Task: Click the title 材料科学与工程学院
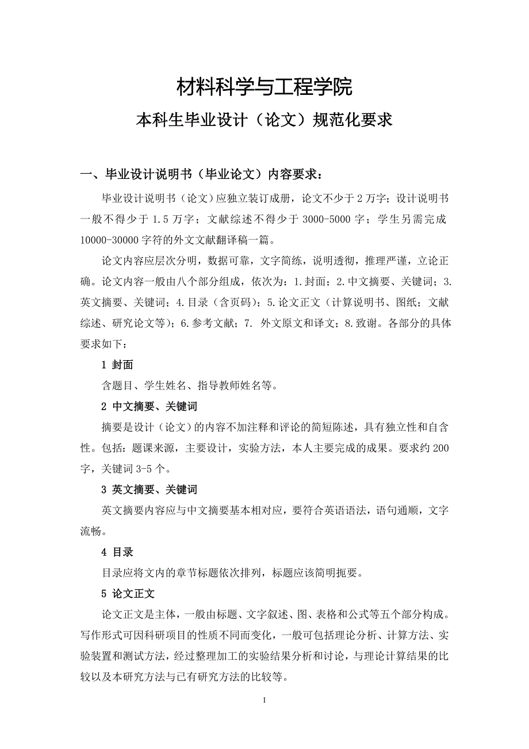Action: coord(264,87)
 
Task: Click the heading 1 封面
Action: coord(117,365)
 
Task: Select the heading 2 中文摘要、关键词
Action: coord(149,407)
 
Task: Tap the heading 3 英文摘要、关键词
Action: coord(149,490)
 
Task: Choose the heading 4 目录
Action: coord(117,552)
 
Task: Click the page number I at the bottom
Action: coord(264,700)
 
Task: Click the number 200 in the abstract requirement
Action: coord(440,448)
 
